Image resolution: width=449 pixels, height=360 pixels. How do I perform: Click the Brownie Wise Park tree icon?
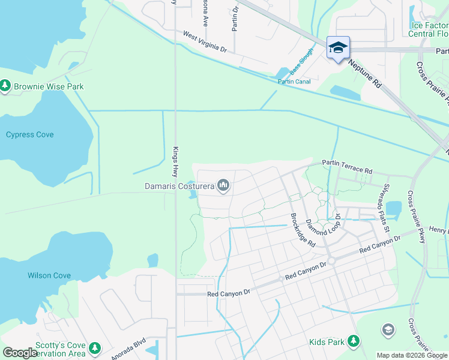(x=5, y=86)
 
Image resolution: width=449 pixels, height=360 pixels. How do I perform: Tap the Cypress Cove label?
(x=29, y=134)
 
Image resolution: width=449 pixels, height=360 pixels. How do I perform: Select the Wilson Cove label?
(x=49, y=276)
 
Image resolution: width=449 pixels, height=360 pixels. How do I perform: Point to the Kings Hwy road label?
(x=176, y=163)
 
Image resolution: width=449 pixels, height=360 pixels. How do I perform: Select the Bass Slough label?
(x=302, y=61)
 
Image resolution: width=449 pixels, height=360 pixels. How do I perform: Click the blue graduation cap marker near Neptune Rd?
(x=338, y=47)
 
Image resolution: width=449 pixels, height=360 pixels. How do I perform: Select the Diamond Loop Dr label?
(x=324, y=224)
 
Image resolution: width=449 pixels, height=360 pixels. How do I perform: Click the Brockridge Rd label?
(x=303, y=230)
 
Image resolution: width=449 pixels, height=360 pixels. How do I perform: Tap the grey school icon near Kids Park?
(x=388, y=329)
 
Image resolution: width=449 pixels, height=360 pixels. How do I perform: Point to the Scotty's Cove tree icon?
(x=94, y=348)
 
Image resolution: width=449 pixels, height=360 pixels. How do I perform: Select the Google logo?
(x=19, y=353)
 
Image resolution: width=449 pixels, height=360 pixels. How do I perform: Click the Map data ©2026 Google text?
(x=411, y=355)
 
